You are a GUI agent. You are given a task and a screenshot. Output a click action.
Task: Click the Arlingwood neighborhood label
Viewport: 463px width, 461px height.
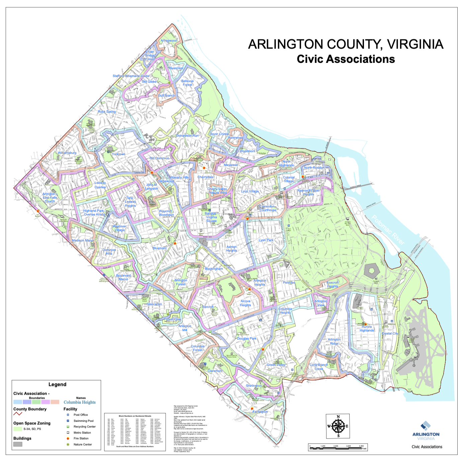point(169,41)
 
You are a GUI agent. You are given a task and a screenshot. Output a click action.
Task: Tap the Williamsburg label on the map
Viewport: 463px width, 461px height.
point(67,153)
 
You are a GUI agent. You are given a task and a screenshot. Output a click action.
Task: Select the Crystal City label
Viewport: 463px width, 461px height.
point(390,334)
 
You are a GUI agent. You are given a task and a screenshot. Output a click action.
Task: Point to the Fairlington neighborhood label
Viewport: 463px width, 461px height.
point(260,411)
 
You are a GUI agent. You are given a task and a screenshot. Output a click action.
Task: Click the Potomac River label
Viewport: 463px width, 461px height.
point(388,230)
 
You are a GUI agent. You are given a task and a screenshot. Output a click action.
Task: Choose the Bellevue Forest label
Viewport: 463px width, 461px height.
point(187,83)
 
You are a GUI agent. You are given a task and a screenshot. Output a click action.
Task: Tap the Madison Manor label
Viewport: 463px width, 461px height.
point(83,241)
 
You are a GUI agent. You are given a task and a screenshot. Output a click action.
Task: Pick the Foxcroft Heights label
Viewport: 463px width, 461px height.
point(333,284)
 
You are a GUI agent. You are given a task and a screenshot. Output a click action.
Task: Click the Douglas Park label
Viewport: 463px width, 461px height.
point(247,339)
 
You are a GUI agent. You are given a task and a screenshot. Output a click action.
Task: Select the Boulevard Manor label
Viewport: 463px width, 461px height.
point(123,277)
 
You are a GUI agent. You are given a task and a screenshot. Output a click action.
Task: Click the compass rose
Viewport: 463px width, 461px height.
point(338,426)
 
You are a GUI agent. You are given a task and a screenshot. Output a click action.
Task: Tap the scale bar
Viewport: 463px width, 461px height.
point(338,448)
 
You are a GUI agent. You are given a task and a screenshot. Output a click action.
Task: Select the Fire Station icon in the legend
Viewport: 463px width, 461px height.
point(68,438)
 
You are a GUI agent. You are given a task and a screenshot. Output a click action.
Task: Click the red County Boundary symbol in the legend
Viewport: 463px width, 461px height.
point(18,414)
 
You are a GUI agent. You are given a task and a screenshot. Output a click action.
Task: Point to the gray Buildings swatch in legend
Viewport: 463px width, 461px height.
point(18,444)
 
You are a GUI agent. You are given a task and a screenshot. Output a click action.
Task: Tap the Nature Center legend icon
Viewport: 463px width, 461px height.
point(68,444)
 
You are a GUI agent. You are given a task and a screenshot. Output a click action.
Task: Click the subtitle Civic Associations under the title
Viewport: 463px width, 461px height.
point(346,59)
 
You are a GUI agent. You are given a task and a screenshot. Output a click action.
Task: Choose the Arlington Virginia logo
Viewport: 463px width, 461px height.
point(426,431)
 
